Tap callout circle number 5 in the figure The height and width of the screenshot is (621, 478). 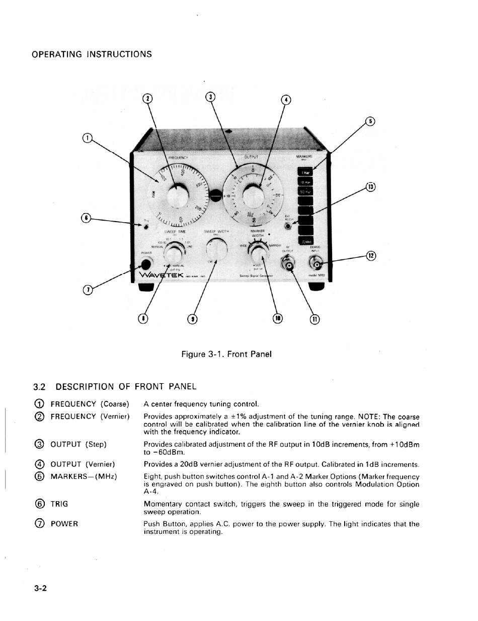pos(370,121)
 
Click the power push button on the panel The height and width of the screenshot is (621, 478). pos(146,264)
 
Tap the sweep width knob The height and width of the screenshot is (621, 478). pos(216,249)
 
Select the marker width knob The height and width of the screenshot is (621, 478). pos(260,250)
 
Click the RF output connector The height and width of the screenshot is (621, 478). pos(289,265)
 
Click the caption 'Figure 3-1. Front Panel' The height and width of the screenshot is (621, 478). pos(226,354)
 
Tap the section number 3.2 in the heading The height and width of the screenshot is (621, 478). pos(39,387)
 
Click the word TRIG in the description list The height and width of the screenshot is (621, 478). pos(59,504)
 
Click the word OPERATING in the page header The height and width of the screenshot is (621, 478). pos(56,54)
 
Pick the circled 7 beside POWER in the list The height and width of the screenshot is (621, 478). pos(40,524)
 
